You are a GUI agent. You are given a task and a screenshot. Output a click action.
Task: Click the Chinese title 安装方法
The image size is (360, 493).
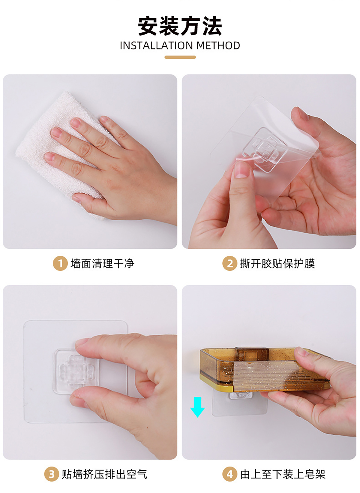click(x=180, y=26)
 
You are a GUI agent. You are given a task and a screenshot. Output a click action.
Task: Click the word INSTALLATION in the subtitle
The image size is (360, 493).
click(x=156, y=46)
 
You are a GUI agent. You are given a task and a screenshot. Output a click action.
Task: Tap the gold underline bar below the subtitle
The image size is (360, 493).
click(x=180, y=57)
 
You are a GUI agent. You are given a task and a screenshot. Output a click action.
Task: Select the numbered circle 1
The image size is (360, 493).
click(x=60, y=263)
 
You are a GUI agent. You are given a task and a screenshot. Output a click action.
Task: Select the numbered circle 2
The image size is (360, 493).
click(x=229, y=263)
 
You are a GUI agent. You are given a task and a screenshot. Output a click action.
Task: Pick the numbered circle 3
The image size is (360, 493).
click(x=52, y=474)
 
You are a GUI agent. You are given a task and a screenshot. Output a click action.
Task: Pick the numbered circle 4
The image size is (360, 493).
click(x=229, y=474)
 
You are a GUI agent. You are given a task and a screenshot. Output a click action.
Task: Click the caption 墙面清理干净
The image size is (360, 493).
click(x=102, y=263)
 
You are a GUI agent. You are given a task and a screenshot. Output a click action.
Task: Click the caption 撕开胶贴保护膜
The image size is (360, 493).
click(x=277, y=263)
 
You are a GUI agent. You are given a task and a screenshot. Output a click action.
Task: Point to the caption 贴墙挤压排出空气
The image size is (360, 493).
click(x=104, y=474)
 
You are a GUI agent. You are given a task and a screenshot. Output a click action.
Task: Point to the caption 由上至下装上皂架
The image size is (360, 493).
click(x=283, y=474)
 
